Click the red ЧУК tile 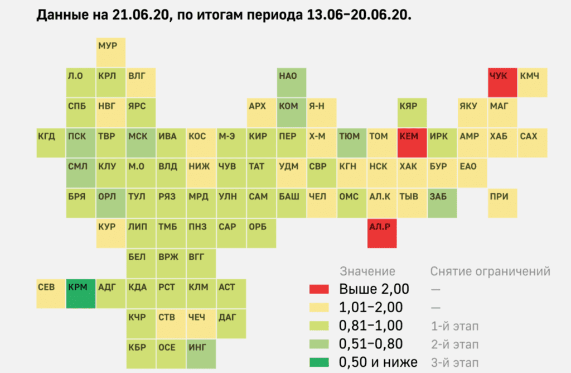(502, 83)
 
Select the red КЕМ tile (412, 143)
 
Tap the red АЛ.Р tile (382, 233)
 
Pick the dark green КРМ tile (81, 294)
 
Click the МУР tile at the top (110, 52)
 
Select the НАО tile (292, 83)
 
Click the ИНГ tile (201, 354)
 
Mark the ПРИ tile (502, 203)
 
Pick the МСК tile (141, 143)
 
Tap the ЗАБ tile (442, 203)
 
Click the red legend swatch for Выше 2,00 (321, 289)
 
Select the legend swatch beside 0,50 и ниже (321, 362)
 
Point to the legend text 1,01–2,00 (371, 307)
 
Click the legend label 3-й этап (454, 362)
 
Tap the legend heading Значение (367, 271)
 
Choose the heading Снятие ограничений (490, 271)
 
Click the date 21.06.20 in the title (145, 15)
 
